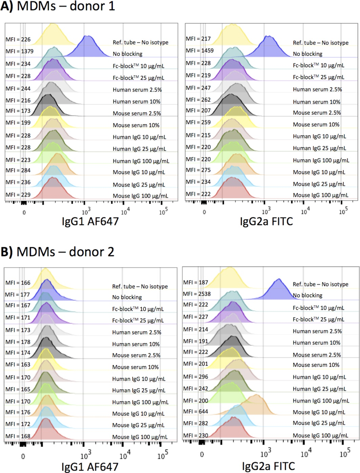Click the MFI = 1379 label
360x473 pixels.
click(x=19, y=51)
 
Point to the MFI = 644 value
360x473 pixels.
click(x=195, y=412)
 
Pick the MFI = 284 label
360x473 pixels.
click(x=18, y=171)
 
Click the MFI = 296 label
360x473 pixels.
click(x=195, y=377)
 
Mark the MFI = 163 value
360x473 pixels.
click(x=18, y=365)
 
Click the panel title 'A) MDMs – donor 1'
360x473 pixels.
click(x=58, y=6)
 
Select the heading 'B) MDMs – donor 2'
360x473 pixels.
click(x=58, y=252)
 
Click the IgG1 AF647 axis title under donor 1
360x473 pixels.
click(x=90, y=222)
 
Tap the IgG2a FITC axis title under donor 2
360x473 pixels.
click(x=268, y=467)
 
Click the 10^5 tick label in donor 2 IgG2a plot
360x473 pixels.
click(x=344, y=453)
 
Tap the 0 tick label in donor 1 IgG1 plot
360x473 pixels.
click(x=24, y=213)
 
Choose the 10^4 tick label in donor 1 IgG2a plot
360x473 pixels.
click(x=305, y=212)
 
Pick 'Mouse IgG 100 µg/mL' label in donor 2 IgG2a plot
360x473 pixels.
click(x=320, y=435)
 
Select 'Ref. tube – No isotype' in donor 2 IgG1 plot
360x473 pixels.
click(x=140, y=287)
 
